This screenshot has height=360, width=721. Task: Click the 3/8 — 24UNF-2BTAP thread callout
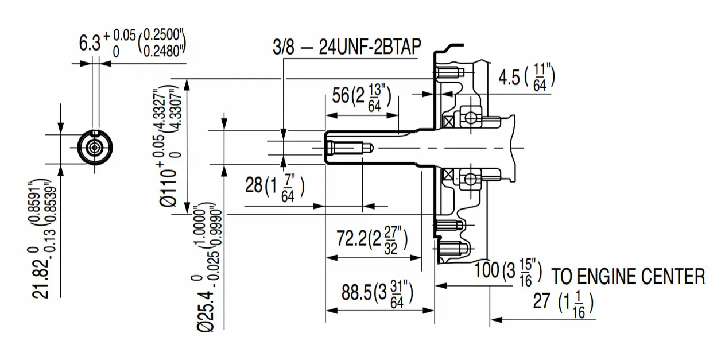(347, 47)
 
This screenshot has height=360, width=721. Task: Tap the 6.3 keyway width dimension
(90, 44)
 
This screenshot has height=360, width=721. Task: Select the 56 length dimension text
(340, 96)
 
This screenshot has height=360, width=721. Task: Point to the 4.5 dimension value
(509, 78)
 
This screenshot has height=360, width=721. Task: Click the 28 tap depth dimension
(254, 185)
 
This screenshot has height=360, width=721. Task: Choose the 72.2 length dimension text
(351, 239)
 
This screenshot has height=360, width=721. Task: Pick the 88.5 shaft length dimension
(356, 292)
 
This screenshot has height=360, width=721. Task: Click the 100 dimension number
(487, 270)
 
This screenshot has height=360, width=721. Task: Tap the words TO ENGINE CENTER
(629, 276)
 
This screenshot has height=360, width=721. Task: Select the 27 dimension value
(541, 301)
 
